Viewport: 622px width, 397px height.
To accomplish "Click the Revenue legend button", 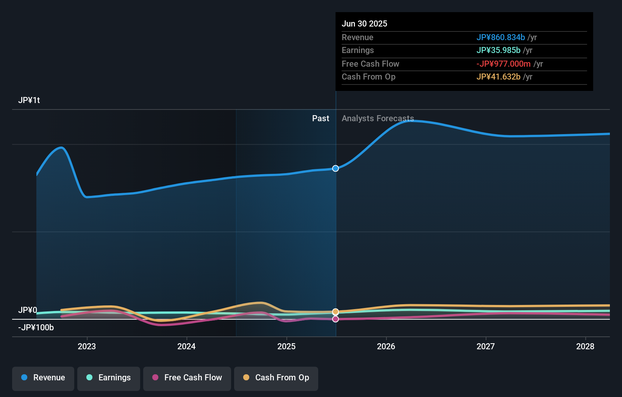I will point(43,378).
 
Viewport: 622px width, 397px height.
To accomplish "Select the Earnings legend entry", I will point(109,378).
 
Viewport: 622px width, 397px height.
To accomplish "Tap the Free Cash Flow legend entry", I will point(187,378).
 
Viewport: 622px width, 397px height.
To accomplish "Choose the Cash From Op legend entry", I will point(276,378).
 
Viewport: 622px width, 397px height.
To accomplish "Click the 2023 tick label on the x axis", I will point(87,346).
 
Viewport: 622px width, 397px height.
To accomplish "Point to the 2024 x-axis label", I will point(186,346).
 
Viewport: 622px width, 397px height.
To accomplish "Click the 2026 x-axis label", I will point(386,346).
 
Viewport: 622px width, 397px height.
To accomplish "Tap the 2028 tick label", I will point(585,346).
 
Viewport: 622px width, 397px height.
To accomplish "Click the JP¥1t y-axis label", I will point(29,100).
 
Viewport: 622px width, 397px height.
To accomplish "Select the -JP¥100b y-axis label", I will point(36,328).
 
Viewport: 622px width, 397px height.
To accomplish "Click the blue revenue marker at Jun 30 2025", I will point(336,168).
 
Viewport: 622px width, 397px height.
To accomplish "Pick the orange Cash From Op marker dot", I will point(336,312).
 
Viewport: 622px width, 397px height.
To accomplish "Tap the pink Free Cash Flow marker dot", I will point(336,319).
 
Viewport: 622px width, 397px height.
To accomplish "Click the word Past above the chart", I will point(320,119).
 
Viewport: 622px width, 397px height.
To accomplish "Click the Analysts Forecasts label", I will point(378,119).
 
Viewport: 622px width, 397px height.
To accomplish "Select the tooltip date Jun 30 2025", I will point(364,24).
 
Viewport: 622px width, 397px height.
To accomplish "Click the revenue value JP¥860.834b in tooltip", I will point(500,38).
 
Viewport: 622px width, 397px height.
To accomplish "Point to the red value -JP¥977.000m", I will point(503,64).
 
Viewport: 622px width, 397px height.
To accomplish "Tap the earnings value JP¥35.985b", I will point(498,50).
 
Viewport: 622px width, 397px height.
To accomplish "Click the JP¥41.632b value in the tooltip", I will point(498,77).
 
